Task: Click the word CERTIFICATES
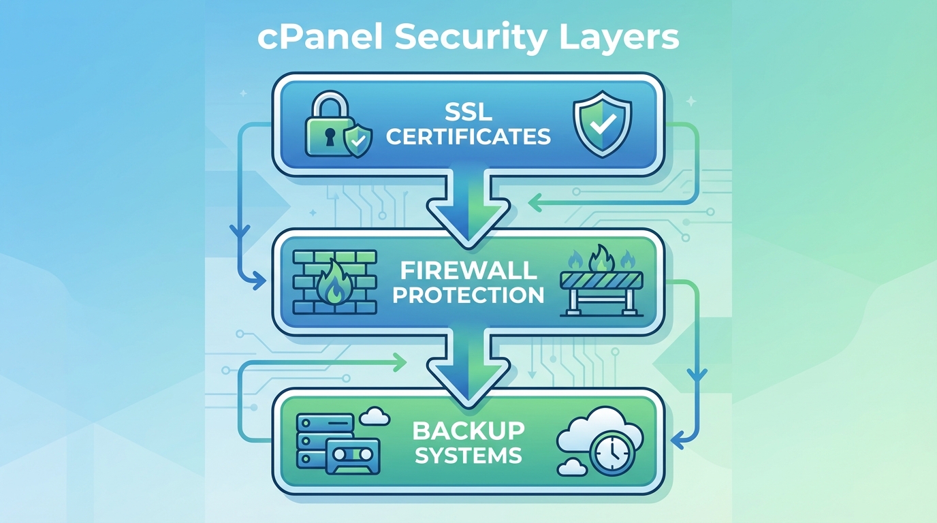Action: (x=468, y=136)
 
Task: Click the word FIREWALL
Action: (x=468, y=270)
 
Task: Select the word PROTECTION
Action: (x=468, y=295)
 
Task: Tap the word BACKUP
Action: (x=468, y=430)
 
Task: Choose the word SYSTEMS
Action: (x=468, y=455)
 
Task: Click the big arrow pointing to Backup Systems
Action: (x=468, y=364)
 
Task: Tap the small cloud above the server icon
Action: (x=373, y=414)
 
